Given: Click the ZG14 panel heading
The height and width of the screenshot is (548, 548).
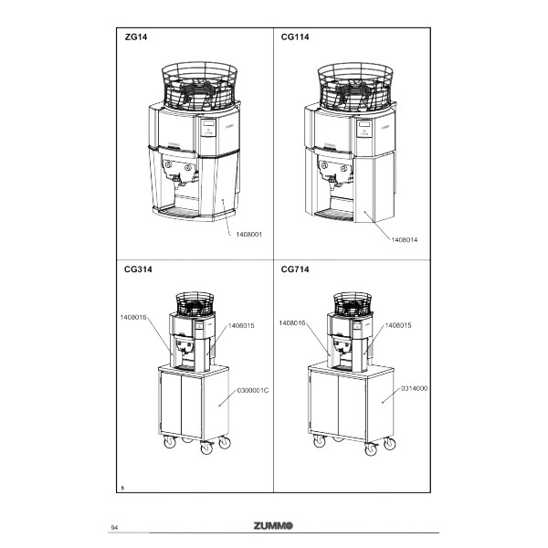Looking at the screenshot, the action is click(136, 37).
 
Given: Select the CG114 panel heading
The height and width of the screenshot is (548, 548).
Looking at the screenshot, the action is click(295, 37).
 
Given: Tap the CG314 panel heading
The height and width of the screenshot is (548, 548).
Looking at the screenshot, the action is click(138, 269).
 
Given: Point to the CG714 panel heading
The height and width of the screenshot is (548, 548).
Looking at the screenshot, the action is click(295, 269).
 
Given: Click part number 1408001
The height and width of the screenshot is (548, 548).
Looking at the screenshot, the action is click(248, 235).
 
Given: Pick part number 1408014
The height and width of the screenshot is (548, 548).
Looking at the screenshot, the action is click(405, 239).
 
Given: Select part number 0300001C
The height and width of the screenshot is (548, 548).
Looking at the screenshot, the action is click(253, 390).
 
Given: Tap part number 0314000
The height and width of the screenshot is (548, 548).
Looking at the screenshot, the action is click(414, 389).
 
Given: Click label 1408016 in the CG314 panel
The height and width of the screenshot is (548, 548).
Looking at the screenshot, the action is click(133, 317).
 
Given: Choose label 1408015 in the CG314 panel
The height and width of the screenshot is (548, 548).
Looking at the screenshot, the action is click(241, 326).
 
